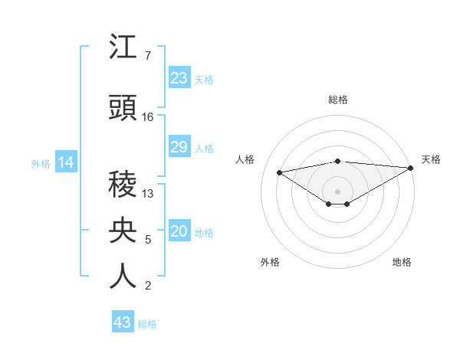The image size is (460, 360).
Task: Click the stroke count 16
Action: tap(148, 117)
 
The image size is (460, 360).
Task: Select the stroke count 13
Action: tap(148, 194)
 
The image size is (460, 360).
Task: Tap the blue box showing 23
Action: tap(179, 78)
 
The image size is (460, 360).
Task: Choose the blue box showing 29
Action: tap(179, 147)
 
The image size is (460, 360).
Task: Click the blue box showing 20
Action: tap(179, 231)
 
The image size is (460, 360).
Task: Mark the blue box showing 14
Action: tap(65, 162)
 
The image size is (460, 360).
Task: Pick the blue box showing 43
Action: tap(123, 322)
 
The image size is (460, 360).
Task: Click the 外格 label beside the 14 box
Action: tap(41, 163)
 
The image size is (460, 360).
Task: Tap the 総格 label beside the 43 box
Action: tap(148, 323)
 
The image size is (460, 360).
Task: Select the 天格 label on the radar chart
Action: tap(431, 159)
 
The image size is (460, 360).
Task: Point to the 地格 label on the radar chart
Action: tap(402, 262)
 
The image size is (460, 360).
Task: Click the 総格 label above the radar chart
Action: tap(337, 100)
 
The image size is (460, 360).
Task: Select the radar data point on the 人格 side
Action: tap(279, 172)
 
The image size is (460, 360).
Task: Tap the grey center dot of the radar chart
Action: tap(337, 190)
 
